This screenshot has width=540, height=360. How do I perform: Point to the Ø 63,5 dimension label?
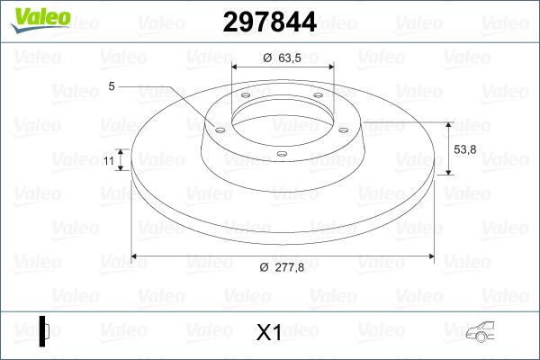coord(281,58)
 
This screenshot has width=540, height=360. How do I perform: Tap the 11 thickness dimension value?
coord(107,160)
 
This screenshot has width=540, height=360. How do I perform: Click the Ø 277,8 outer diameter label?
coord(277,266)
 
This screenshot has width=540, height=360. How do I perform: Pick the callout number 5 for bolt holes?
coord(111,86)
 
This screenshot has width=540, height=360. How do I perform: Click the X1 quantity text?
coord(269,333)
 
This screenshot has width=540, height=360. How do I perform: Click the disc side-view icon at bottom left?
coord(44,332)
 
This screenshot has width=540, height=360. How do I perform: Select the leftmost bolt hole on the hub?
coord(218,129)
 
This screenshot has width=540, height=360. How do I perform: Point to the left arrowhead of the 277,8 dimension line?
coord(136,256)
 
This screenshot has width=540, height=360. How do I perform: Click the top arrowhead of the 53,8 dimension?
coord(449,124)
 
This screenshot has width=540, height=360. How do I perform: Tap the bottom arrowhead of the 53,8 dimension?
coord(449,172)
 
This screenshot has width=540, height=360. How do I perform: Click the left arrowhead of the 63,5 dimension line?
coord(237,66)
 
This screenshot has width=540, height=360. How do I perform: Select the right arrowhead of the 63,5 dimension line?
coord(330,66)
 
